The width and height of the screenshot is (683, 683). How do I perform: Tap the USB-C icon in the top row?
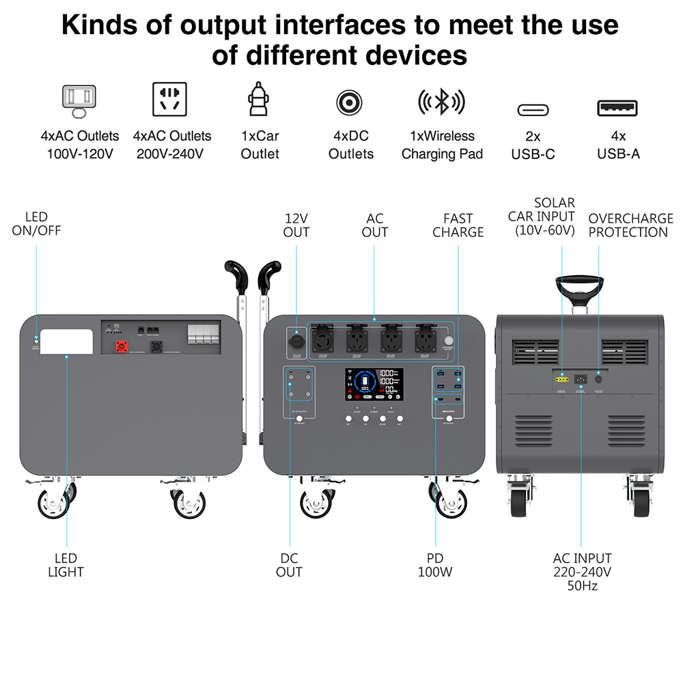(x=533, y=109)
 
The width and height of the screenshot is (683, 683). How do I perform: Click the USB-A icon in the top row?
(x=617, y=108)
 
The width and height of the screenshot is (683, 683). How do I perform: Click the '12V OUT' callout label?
(x=296, y=225)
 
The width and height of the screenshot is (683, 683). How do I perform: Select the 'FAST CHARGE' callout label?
(x=458, y=225)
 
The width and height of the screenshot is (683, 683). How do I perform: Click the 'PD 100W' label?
(x=435, y=565)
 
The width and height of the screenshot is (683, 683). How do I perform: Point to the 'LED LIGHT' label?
(x=66, y=565)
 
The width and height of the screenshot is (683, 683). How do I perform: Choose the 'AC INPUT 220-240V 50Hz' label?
(x=582, y=572)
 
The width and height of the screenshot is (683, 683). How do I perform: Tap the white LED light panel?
(x=66, y=342)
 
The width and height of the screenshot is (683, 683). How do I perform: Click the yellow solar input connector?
(x=561, y=379)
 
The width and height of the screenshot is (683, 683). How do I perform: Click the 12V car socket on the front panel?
(x=296, y=339)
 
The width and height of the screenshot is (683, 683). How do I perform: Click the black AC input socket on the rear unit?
(x=581, y=379)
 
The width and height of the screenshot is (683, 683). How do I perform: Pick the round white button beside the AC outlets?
(x=449, y=340)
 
